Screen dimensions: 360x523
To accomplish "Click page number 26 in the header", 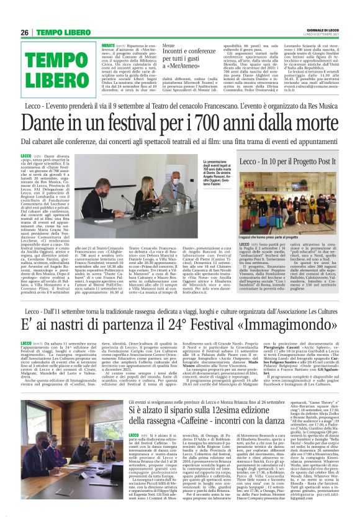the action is pyautogui.click(x=25, y=32).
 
